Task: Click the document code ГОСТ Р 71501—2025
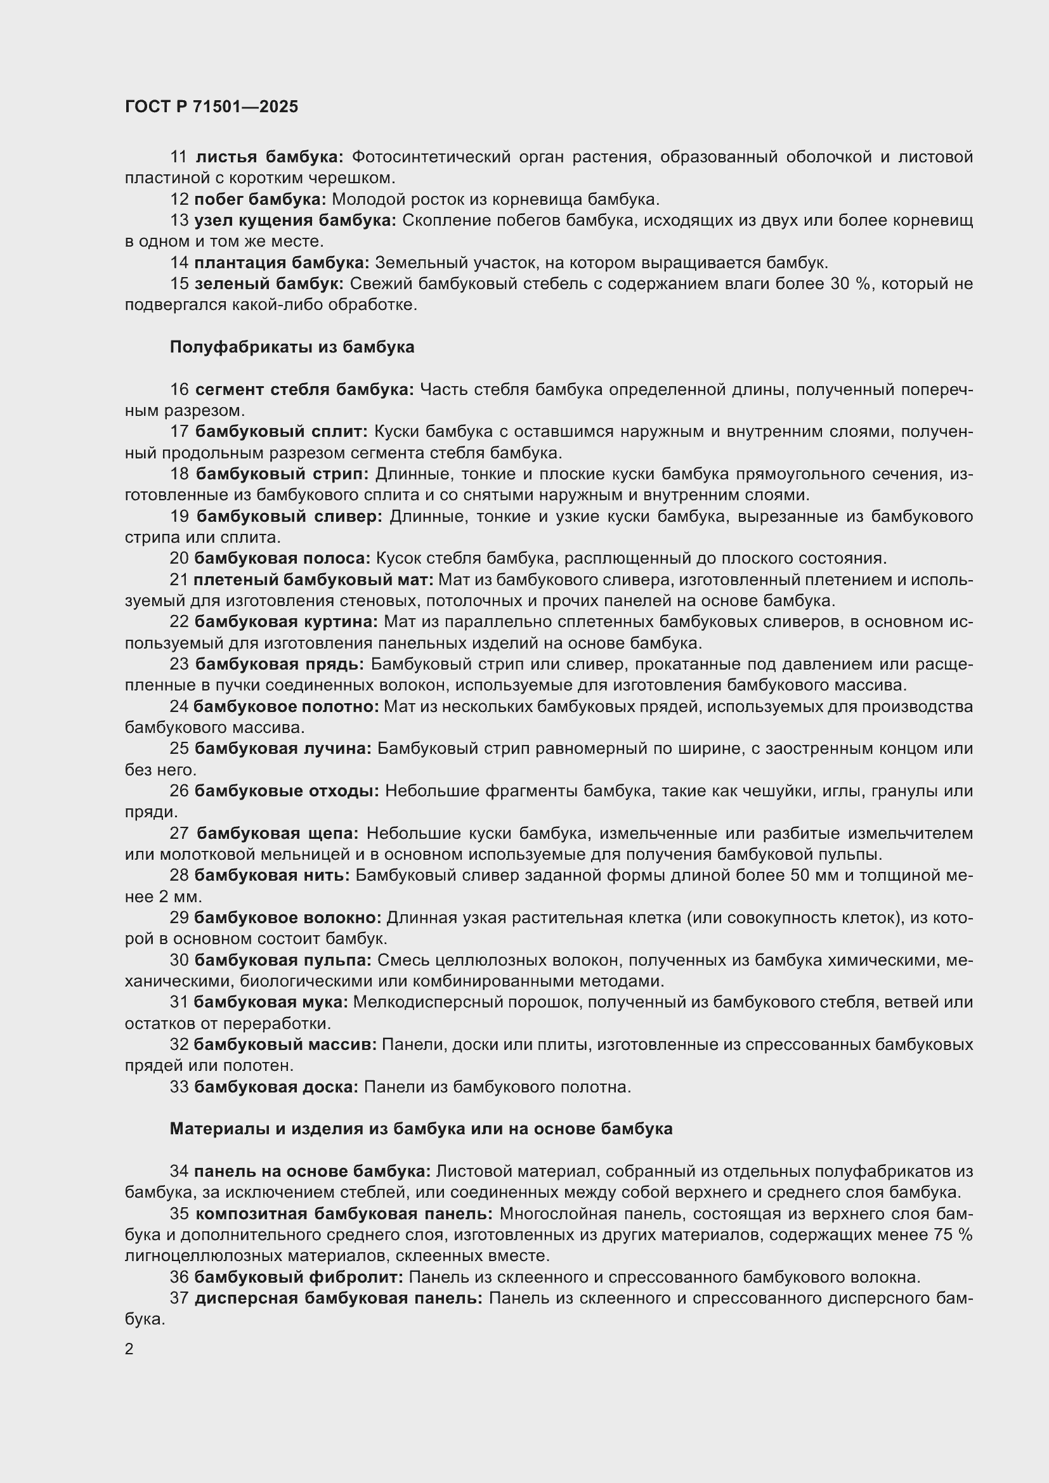pyautogui.click(x=211, y=107)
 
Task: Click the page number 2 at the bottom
pyautogui.click(x=129, y=1349)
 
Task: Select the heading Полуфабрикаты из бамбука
pyautogui.click(x=292, y=347)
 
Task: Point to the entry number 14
pyautogui.click(x=179, y=263)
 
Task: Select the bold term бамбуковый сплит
pyautogui.click(x=281, y=432)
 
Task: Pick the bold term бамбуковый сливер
pyautogui.click(x=289, y=516)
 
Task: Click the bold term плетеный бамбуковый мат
pyautogui.click(x=313, y=580)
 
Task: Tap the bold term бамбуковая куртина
pyautogui.click(x=286, y=622)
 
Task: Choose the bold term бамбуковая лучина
pyautogui.click(x=283, y=749)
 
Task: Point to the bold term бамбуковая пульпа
pyautogui.click(x=283, y=960)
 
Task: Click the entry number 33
pyautogui.click(x=179, y=1087)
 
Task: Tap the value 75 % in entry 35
pyautogui.click(x=953, y=1235)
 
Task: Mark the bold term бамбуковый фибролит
pyautogui.click(x=299, y=1277)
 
